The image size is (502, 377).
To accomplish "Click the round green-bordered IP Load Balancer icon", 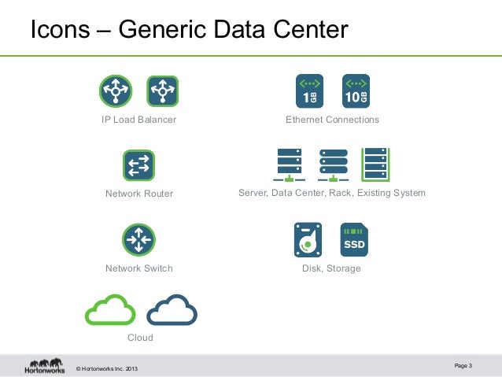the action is [116, 91].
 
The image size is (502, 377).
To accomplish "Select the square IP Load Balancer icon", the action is [163, 91].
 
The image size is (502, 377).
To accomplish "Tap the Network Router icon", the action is [138, 165].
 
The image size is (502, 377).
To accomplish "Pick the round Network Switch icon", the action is [138, 240].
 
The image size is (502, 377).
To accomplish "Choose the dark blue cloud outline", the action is [172, 310].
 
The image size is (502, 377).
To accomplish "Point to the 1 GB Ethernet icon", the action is [308, 91].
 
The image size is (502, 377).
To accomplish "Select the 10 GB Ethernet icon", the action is [356, 91].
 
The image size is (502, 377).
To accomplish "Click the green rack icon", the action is [375, 164].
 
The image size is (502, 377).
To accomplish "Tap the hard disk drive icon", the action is [308, 239].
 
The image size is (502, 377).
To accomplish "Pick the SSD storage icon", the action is [354, 239].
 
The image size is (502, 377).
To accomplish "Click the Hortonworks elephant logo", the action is [44, 366].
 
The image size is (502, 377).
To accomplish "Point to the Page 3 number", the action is [463, 364].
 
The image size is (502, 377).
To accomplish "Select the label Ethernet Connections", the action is [332, 120].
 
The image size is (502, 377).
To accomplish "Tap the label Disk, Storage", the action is [331, 268].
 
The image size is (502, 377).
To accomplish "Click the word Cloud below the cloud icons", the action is [140, 338].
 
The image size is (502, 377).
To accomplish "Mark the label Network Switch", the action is [138, 268].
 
